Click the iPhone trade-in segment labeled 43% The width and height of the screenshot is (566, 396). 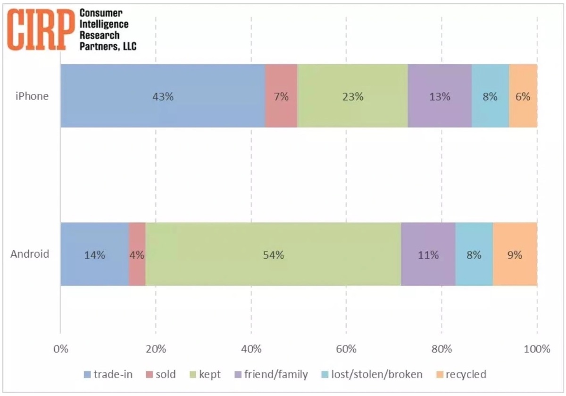(x=163, y=96)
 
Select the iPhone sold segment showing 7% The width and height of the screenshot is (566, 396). (x=281, y=96)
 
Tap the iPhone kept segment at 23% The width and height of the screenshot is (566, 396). (x=352, y=96)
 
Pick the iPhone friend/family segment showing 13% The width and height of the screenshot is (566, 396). (x=440, y=96)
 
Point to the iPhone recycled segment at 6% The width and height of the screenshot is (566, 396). (x=523, y=96)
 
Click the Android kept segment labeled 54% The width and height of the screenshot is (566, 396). (x=273, y=255)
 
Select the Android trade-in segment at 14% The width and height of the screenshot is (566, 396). (x=94, y=255)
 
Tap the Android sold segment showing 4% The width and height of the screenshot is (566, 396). (x=137, y=255)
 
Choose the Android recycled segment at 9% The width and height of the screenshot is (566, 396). (x=515, y=255)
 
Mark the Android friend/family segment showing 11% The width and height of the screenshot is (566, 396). (x=428, y=255)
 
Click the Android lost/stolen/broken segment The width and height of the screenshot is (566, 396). (x=474, y=255)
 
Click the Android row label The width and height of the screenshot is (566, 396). (x=30, y=254)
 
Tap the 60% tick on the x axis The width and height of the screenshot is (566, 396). (x=346, y=349)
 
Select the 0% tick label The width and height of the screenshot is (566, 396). (x=60, y=349)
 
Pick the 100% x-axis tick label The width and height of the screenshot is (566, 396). (x=537, y=349)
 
